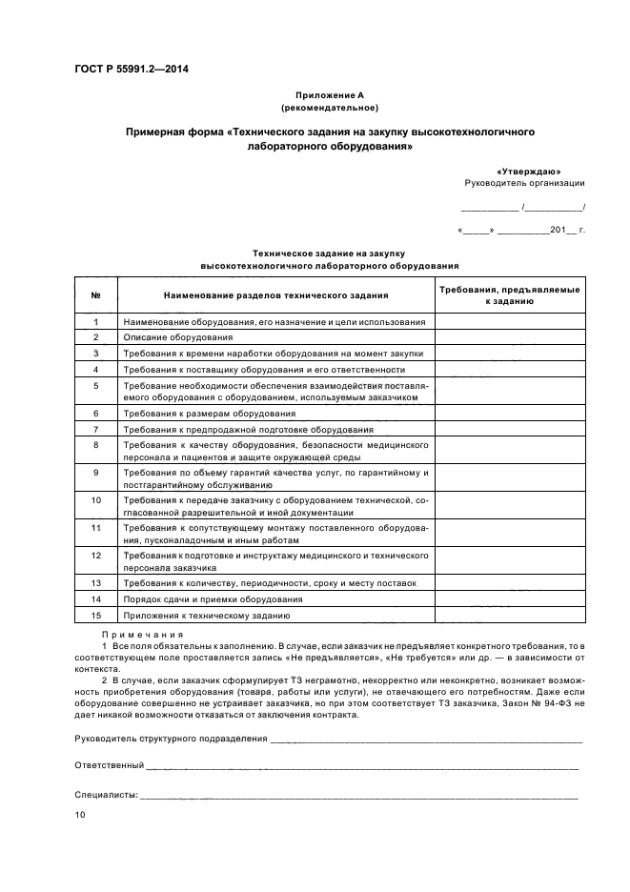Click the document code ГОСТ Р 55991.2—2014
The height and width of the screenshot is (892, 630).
point(132,69)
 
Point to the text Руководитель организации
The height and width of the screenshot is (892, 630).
point(524,183)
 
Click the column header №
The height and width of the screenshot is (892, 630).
point(96,294)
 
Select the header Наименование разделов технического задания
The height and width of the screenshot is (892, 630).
point(275,294)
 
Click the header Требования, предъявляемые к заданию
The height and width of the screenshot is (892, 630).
point(509,294)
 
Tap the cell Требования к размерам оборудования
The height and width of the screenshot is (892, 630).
point(210,414)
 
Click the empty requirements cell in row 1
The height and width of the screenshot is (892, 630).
point(509,322)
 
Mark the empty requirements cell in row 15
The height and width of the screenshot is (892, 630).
point(509,616)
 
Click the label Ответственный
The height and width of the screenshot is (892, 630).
point(109,765)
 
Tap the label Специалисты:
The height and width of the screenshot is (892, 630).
point(106,794)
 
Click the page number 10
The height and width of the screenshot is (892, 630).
point(80,816)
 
